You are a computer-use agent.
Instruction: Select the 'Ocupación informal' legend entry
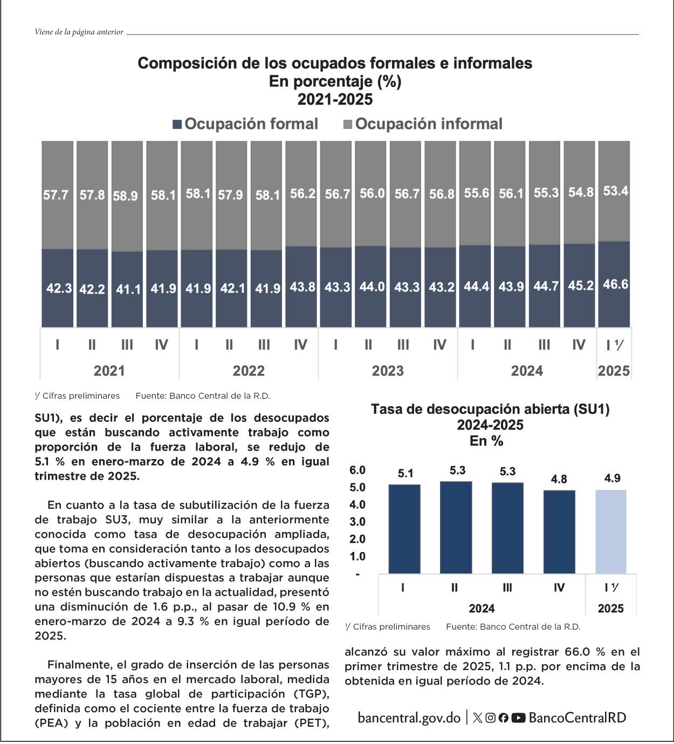point(423,124)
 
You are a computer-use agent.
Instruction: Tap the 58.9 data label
point(125,196)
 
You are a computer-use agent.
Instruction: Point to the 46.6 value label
point(615,284)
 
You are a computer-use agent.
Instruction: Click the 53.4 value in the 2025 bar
point(615,191)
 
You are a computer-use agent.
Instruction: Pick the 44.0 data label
point(372,286)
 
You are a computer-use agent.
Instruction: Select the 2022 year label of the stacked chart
point(249,371)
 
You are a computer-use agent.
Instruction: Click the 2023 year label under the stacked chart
point(388,371)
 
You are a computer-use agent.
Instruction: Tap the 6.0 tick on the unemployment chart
point(357,470)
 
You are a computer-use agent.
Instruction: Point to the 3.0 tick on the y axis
point(357,522)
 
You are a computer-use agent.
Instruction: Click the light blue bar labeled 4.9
point(611,531)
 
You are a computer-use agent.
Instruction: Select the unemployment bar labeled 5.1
point(404,529)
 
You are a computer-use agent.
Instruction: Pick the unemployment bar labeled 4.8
point(559,531)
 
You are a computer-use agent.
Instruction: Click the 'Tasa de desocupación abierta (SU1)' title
point(490,409)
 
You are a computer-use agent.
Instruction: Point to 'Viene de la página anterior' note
point(79,32)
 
